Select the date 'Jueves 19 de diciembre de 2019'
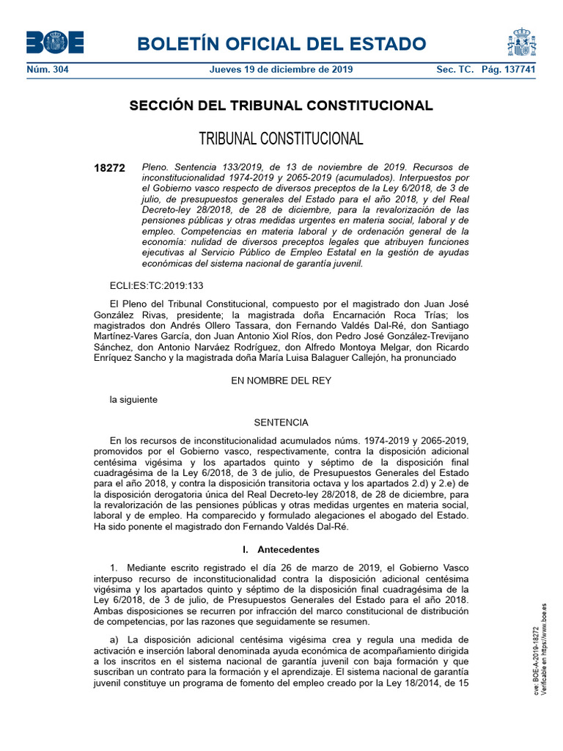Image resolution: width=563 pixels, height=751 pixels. (281, 70)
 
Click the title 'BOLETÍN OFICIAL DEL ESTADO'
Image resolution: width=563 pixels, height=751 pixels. (281, 44)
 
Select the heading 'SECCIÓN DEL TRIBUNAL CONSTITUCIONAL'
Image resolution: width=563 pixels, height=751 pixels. (281, 106)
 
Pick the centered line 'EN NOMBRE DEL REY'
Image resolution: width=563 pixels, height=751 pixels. (281, 381)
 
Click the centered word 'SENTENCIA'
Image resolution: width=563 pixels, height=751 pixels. (281, 422)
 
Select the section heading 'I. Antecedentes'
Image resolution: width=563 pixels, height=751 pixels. (281, 549)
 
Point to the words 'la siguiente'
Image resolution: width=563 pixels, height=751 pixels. (133, 400)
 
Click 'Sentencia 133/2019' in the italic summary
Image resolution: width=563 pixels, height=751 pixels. (209, 167)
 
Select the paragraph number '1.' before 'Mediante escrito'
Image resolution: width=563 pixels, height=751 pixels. (114, 568)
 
